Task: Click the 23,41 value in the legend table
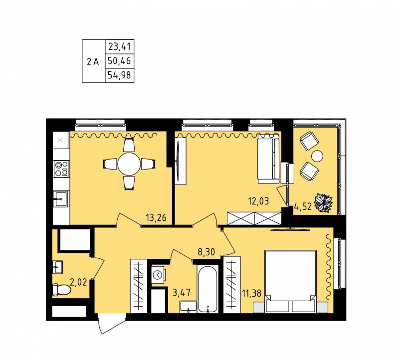(119, 47)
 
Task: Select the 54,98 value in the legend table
(119, 75)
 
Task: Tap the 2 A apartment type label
(93, 61)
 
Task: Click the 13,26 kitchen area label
(156, 218)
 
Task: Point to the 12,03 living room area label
(258, 201)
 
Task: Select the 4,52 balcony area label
(303, 206)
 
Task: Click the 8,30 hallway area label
(206, 252)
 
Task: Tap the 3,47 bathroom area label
(182, 293)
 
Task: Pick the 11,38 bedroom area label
(252, 293)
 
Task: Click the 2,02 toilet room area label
(78, 282)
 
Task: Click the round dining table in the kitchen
(129, 164)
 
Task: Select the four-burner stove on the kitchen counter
(61, 169)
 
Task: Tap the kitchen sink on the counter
(60, 199)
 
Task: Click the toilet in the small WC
(61, 289)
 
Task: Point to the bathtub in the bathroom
(207, 289)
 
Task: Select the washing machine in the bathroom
(158, 275)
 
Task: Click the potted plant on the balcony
(323, 203)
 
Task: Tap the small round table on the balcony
(317, 156)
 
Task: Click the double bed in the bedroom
(290, 281)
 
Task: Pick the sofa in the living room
(268, 159)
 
